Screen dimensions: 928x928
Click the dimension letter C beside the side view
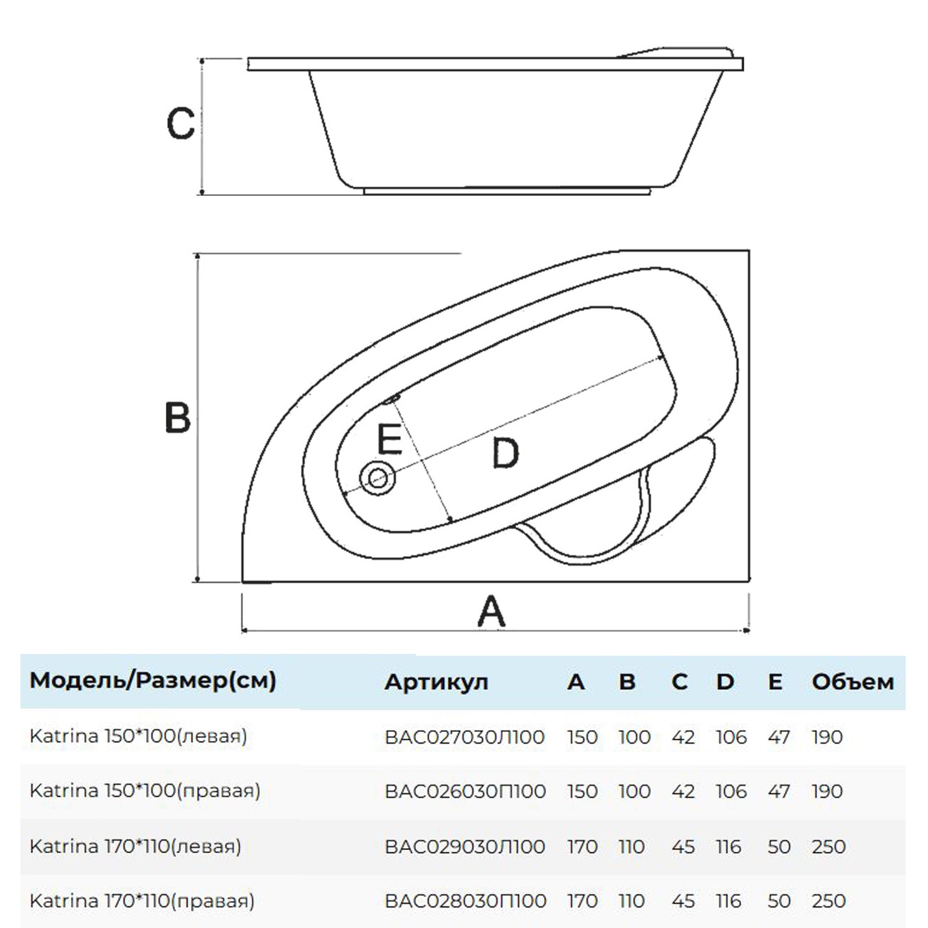(181, 124)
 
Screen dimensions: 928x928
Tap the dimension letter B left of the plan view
(178, 418)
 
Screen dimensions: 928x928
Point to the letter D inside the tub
(505, 453)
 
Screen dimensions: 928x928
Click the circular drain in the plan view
(378, 478)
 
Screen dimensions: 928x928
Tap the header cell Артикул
(436, 682)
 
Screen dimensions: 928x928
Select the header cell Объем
(853, 682)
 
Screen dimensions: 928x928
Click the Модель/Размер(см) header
(153, 681)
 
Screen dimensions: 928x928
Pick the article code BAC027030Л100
(465, 737)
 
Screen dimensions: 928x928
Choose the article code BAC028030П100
(465, 901)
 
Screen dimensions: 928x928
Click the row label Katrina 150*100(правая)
(145, 791)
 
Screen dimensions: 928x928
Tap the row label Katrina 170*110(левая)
(135, 846)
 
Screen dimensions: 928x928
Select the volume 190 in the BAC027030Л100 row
(827, 737)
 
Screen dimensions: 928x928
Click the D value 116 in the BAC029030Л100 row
(729, 846)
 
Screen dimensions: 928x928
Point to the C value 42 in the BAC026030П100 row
(683, 791)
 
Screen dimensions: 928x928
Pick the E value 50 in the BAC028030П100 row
(779, 901)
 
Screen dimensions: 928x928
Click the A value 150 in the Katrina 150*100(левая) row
(582, 737)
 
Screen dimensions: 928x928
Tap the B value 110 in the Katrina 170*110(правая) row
(632, 901)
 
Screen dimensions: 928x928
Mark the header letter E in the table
(775, 682)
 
